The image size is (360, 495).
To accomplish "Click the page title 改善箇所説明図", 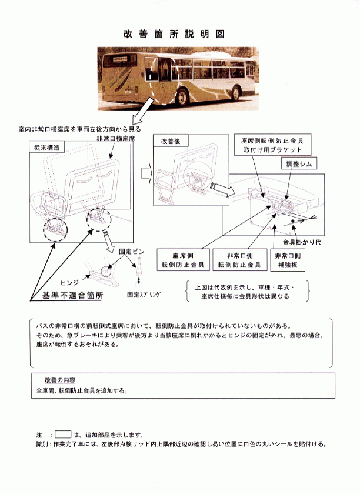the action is (174, 34).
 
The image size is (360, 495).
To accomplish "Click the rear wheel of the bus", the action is (182, 97).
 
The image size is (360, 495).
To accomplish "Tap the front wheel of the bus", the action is (235, 93).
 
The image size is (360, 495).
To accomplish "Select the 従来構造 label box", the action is (47, 148).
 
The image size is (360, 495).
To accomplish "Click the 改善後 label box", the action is (171, 141).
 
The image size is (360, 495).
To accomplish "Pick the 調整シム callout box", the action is (299, 163).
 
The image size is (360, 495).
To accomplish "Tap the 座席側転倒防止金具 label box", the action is (183, 260).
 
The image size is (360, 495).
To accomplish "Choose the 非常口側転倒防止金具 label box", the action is (239, 260).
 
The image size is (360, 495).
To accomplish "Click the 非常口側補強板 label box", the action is (288, 260).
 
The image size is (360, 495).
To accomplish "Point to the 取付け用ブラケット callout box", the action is (272, 145).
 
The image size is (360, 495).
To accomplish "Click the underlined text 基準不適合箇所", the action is (72, 296).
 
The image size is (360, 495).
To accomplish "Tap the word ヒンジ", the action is (69, 283).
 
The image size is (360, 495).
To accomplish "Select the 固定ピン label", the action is (131, 252).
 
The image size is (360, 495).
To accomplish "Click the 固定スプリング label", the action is (144, 295).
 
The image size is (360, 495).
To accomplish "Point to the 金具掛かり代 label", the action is (302, 242).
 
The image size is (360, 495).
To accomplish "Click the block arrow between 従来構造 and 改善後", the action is (146, 173).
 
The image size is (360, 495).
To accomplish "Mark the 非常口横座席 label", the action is (115, 139).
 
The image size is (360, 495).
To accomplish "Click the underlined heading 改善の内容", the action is (60, 380).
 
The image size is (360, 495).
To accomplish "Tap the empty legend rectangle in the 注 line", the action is (63, 434).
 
